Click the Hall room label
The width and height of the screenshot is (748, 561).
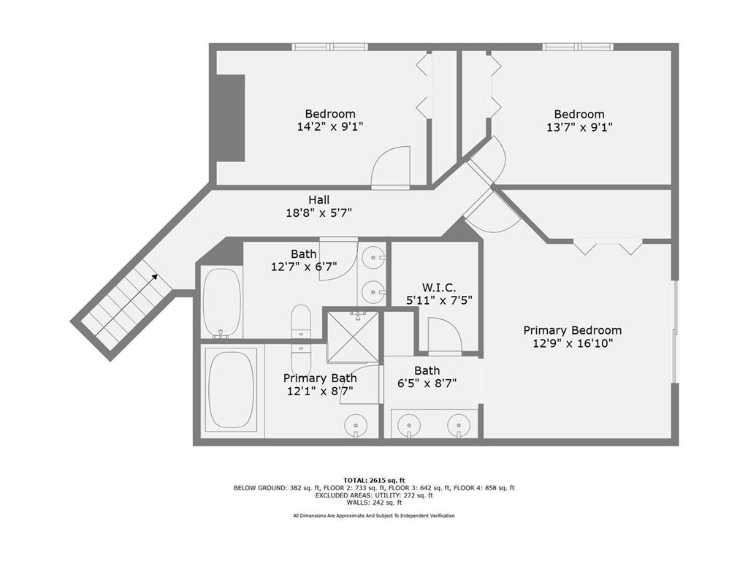318,200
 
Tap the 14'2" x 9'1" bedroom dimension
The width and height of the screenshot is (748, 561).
330,127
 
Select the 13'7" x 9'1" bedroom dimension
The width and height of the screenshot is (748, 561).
579,127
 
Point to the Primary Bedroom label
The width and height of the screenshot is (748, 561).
573,331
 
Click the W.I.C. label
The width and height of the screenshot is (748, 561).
439,288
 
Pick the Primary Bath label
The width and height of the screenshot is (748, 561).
320,378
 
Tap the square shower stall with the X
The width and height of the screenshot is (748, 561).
353,337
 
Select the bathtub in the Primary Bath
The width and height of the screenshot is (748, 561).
232,390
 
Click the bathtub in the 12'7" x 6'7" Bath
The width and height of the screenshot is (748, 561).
222,302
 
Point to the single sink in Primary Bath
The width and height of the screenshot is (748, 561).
356,424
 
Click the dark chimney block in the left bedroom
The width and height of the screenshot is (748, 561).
231,118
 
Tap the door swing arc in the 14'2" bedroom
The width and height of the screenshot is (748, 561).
390,165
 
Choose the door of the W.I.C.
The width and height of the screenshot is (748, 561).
445,336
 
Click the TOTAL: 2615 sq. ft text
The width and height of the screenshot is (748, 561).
374,481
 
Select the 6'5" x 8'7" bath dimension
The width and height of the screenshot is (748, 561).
427,383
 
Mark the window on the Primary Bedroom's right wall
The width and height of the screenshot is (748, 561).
675,332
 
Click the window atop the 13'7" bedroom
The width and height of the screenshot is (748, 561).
578,47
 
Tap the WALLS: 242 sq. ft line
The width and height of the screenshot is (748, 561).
374,503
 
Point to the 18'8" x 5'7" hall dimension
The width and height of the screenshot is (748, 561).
318,213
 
